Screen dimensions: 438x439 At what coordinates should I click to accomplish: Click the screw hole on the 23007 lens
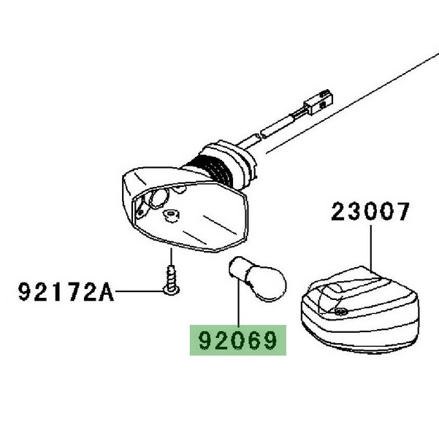point(343,312)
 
